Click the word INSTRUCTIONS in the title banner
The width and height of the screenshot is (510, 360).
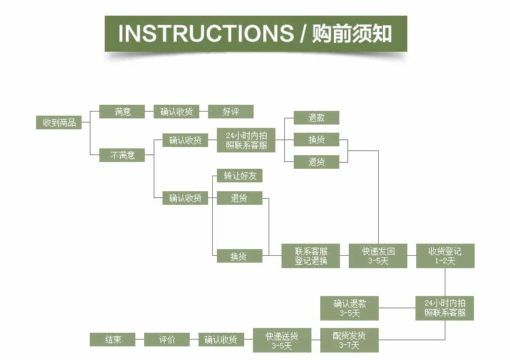[x=205, y=33]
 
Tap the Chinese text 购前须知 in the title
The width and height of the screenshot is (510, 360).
[x=352, y=33]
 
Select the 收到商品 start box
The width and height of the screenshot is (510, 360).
[x=59, y=122]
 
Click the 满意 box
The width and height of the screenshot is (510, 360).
[x=122, y=112]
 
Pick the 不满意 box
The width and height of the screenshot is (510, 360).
[x=122, y=155]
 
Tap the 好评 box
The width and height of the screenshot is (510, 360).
[x=231, y=112]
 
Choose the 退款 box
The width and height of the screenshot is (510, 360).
[x=316, y=118]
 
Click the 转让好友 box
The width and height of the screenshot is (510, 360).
[x=240, y=176]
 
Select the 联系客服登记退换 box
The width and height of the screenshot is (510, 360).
[x=311, y=256]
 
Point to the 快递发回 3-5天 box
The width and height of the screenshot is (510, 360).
[x=378, y=256]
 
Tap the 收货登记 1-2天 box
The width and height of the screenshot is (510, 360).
[x=445, y=256]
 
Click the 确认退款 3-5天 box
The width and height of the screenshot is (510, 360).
[x=350, y=308]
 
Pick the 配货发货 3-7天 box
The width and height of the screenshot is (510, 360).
[x=350, y=340]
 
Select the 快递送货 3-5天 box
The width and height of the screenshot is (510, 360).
[x=282, y=340]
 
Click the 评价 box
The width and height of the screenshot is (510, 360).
[x=167, y=340]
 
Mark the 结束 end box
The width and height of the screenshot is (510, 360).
[x=112, y=340]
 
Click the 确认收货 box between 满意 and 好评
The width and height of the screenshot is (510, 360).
[x=176, y=112]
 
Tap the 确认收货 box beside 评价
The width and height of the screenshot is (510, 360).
[x=221, y=340]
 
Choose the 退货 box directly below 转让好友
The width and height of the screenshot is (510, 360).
[x=240, y=198]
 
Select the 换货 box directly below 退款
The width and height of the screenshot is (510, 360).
[x=316, y=140]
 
